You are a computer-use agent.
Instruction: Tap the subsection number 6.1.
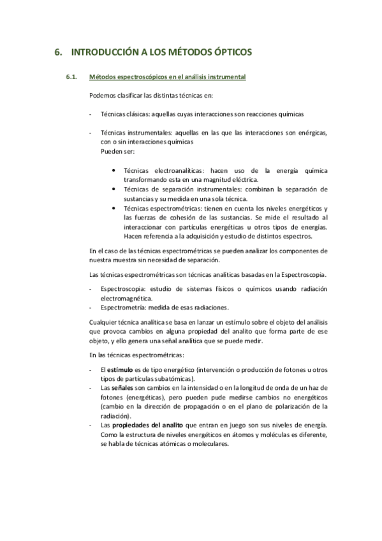[x=71, y=78]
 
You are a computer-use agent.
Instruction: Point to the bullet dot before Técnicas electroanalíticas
[x=114, y=171]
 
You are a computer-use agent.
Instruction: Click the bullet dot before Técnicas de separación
[x=114, y=189]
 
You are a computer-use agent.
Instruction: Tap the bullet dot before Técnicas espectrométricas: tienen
[x=114, y=209]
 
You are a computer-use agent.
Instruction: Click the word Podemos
[x=103, y=96]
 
